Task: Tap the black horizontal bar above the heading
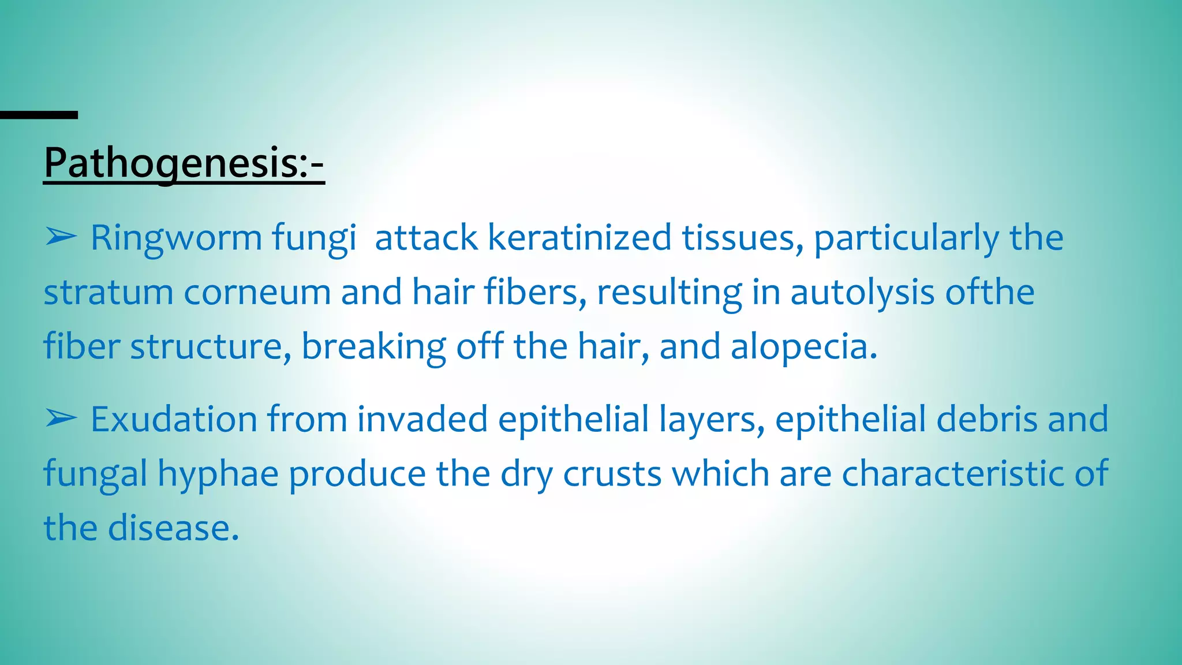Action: tap(39, 115)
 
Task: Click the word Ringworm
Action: tap(176, 238)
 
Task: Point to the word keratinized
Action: tap(579, 237)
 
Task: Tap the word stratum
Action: tap(109, 292)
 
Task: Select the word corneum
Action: tap(257, 292)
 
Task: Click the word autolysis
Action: tap(862, 292)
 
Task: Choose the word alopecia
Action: tap(803, 346)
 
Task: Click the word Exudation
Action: tap(174, 419)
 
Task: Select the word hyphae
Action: tap(218, 475)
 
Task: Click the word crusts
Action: tap(612, 473)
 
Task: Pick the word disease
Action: tap(173, 528)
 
